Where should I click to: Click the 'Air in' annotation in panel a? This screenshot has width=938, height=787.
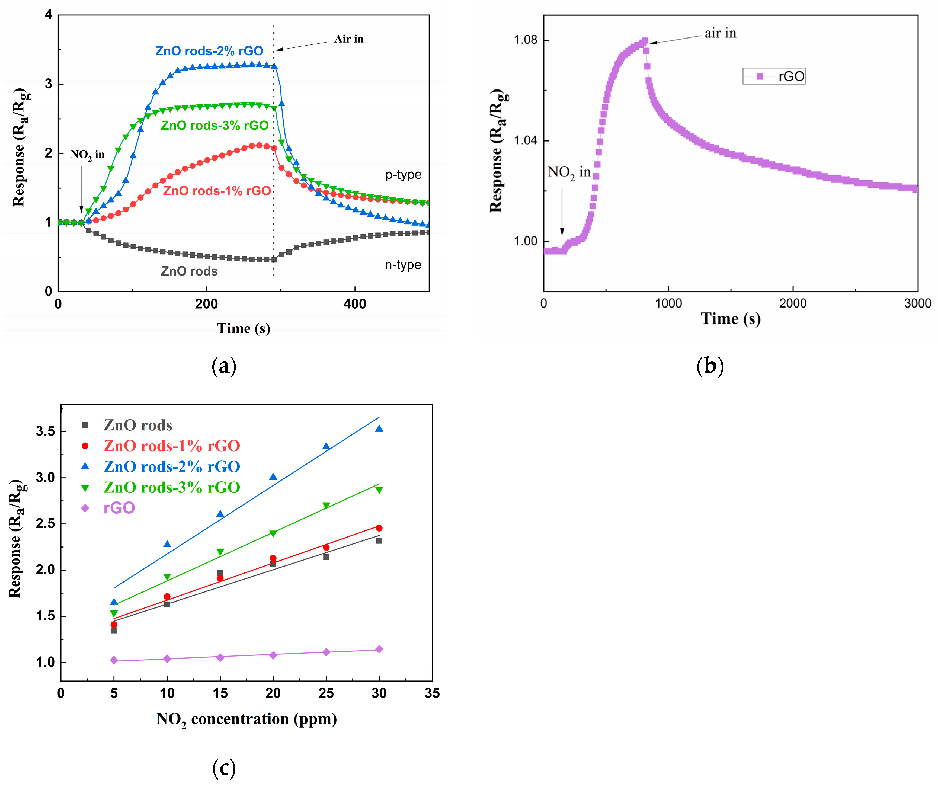[x=348, y=39]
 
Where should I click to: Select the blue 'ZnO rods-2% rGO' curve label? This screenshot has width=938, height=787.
[x=209, y=51]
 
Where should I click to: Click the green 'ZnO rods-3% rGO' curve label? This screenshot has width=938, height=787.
[x=215, y=126]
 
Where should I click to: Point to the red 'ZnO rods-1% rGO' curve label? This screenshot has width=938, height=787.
[x=217, y=191]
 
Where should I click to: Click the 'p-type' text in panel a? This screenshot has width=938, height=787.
[x=403, y=175]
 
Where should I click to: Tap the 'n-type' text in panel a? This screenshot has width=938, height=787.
[x=403, y=265]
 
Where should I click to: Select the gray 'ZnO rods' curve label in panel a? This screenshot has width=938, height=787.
[x=189, y=271]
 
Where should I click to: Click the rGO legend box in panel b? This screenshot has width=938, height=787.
[x=774, y=76]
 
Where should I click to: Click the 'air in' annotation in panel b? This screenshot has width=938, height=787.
[x=720, y=34]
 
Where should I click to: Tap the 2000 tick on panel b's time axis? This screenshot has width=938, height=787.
[x=793, y=304]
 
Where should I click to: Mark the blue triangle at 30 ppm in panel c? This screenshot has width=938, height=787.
[x=379, y=429]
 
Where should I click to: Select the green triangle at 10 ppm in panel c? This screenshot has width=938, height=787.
[x=167, y=577]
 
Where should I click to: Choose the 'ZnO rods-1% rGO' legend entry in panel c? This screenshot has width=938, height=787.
[x=172, y=446]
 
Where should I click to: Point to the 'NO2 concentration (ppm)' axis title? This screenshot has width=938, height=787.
[x=246, y=719]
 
